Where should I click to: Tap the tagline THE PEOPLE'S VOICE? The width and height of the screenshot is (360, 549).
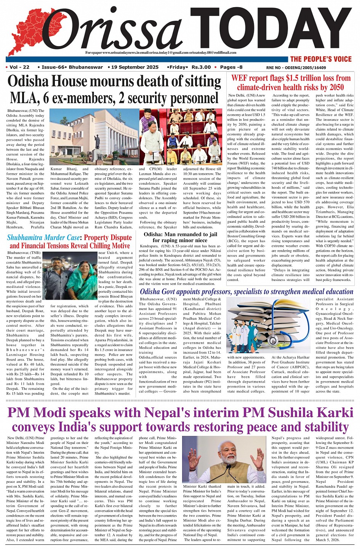pos(320,59)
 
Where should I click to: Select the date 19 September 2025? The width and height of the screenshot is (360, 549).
pos(135,67)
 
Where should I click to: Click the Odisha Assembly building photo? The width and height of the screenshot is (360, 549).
pos(94,137)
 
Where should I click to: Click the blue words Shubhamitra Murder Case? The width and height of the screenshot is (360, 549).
pos(43,238)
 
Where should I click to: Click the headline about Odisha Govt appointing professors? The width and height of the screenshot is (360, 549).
pos(246,292)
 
